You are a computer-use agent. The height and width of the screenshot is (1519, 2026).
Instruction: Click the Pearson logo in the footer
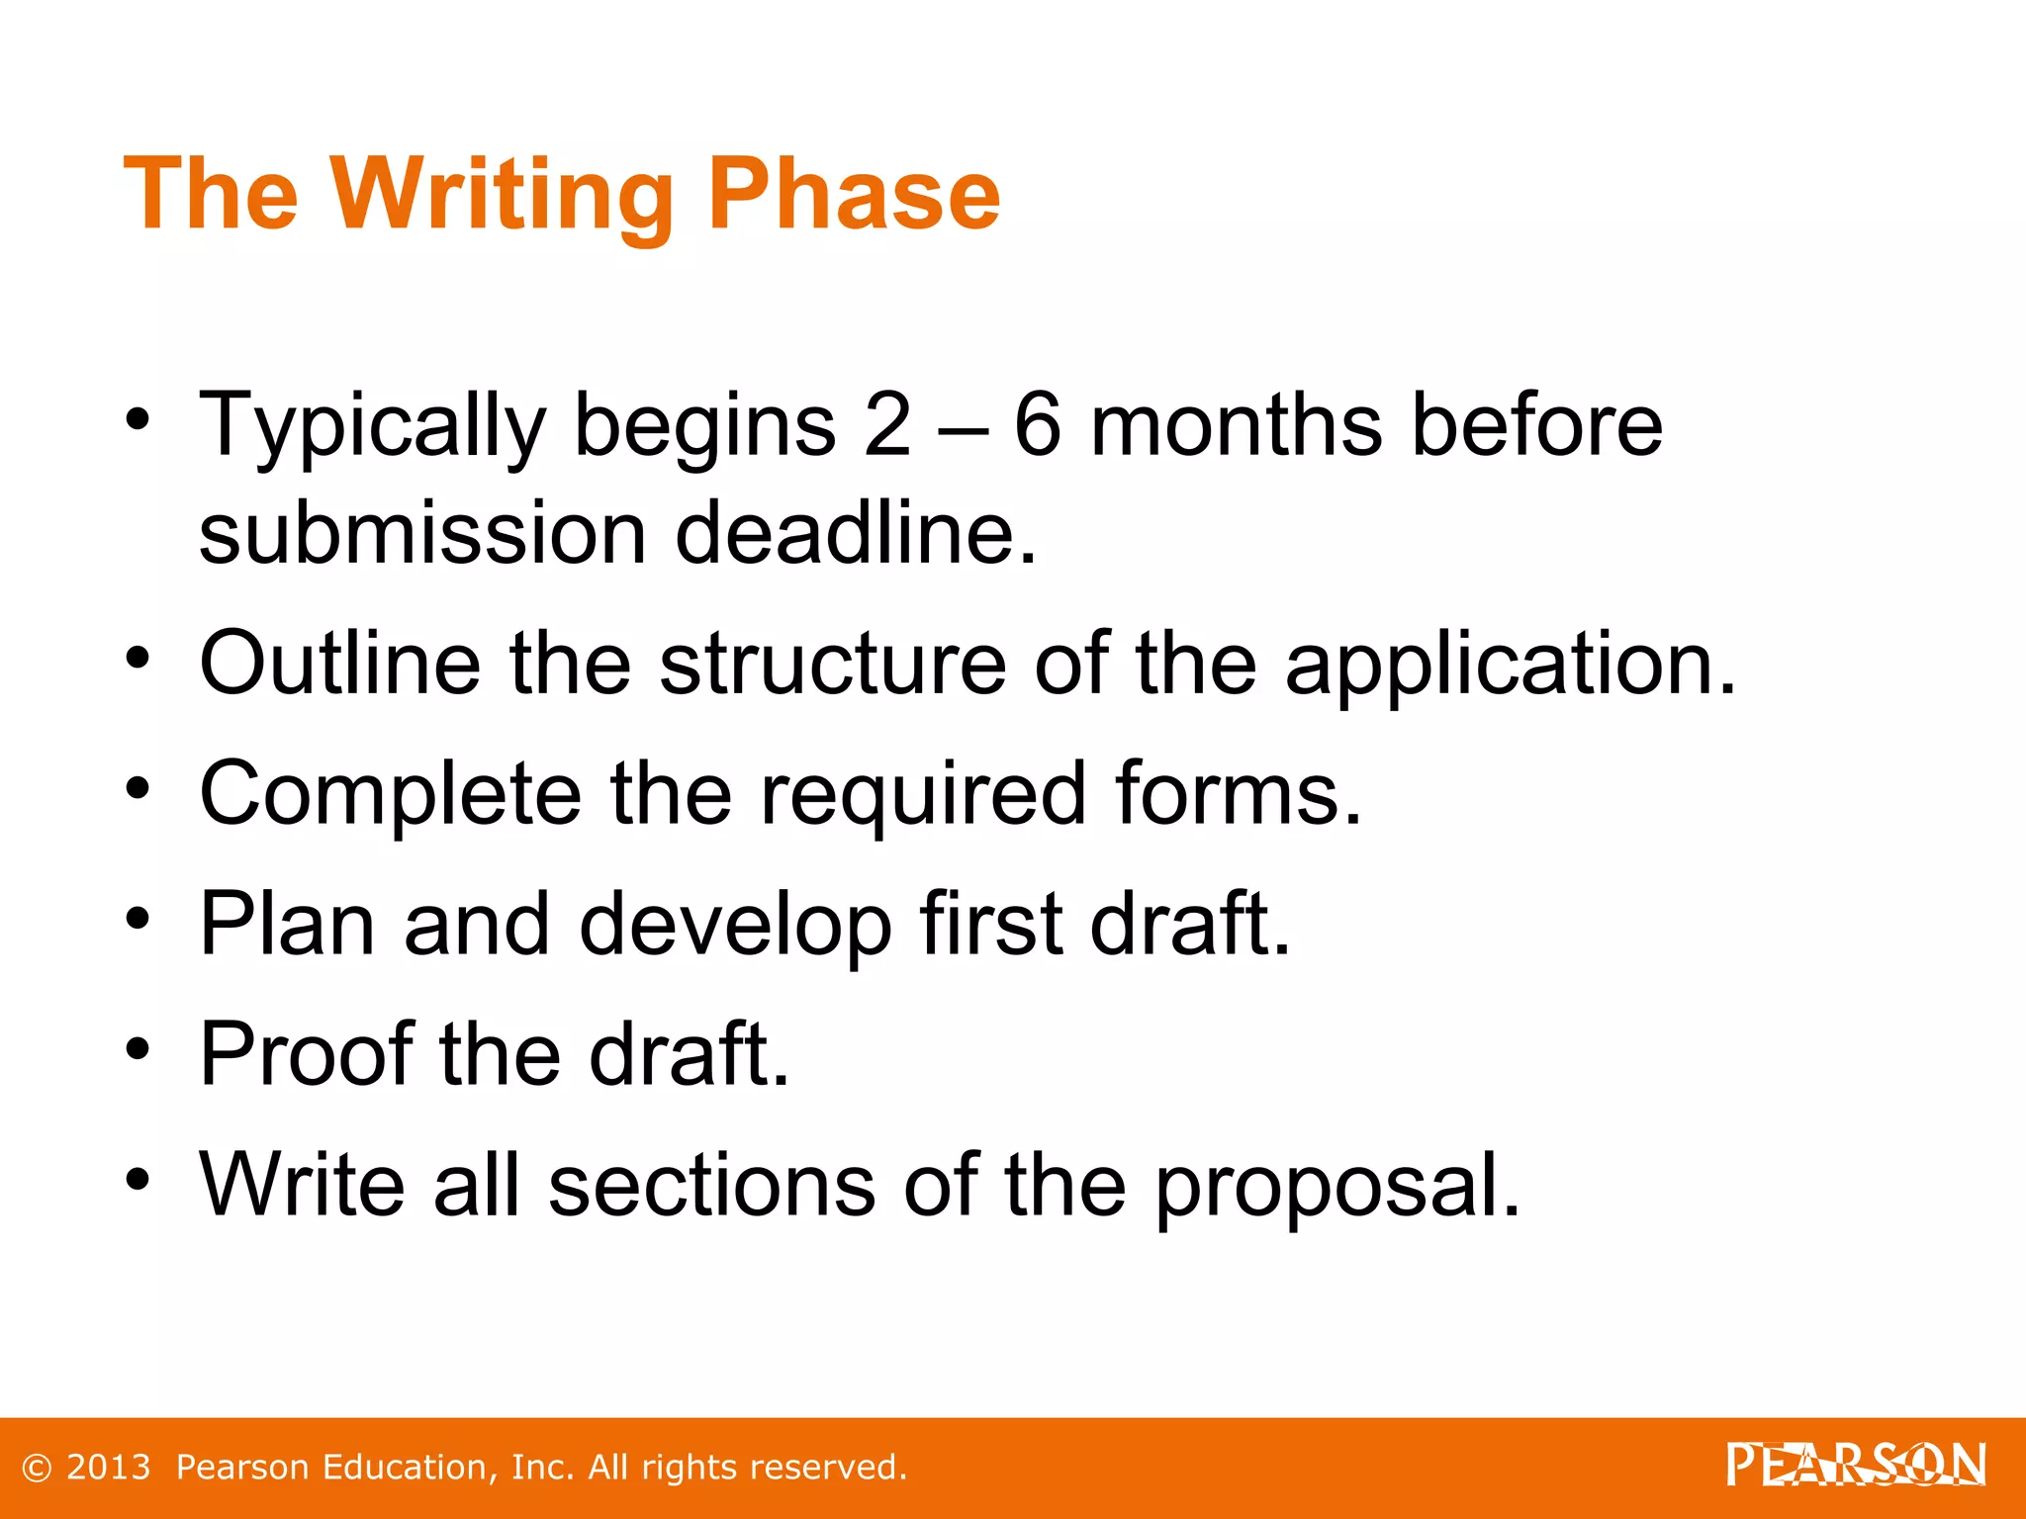coord(1856,1465)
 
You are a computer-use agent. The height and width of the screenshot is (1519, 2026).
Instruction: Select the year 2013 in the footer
coord(109,1468)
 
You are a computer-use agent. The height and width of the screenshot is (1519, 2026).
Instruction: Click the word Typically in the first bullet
coord(373,427)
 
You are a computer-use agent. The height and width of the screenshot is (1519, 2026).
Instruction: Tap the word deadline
coord(856,534)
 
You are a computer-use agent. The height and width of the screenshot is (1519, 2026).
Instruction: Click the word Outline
coord(340,664)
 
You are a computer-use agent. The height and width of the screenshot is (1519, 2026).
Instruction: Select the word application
coord(1510,666)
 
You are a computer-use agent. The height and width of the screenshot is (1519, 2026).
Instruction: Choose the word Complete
coord(391,794)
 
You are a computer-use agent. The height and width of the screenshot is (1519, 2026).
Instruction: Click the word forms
coord(1239,794)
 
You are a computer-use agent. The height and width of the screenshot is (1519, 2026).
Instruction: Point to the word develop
coord(735,926)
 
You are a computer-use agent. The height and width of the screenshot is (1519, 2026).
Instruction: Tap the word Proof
coord(306,1054)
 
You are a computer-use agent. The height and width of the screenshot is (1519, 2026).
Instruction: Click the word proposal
coord(1337,1186)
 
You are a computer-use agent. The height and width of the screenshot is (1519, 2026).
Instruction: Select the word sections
coord(711,1186)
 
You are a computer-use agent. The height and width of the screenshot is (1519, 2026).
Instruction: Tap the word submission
coord(423,534)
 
